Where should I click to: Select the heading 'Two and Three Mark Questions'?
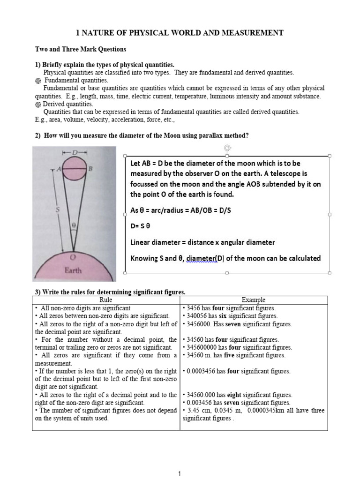coord(81,49)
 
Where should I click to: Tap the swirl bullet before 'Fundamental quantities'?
coord(38,81)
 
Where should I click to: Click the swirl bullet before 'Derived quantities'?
coord(38,104)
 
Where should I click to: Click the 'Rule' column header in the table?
coord(106,300)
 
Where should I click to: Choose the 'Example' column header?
coord(254,300)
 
